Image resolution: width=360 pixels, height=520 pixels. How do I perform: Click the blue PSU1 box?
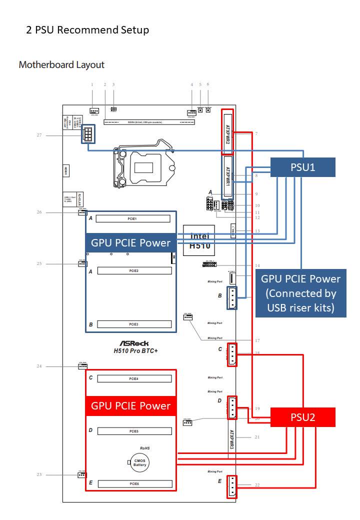[x=303, y=167]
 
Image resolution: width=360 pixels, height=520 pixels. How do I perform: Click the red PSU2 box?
[x=303, y=417]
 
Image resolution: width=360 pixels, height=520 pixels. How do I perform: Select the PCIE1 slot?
[x=133, y=218]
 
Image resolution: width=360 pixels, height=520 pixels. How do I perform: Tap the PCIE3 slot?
[x=133, y=324]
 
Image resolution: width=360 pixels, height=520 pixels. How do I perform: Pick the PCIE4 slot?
[x=133, y=378]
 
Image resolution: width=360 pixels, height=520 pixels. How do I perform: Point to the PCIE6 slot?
[x=133, y=483]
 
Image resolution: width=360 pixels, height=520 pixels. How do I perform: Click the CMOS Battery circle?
[x=140, y=462]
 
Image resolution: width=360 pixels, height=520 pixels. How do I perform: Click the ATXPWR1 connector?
[x=227, y=176]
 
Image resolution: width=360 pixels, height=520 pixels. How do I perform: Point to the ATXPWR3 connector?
[x=231, y=438]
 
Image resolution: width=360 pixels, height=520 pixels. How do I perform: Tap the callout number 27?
[x=38, y=135]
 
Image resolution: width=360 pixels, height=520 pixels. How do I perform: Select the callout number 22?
[x=257, y=485]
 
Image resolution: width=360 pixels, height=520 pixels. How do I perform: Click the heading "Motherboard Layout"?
[x=61, y=64]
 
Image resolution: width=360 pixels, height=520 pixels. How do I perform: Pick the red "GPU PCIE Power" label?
[x=130, y=405]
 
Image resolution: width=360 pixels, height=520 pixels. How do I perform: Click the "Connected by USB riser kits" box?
[x=301, y=293]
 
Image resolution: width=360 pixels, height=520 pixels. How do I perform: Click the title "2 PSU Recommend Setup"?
[x=87, y=30]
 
